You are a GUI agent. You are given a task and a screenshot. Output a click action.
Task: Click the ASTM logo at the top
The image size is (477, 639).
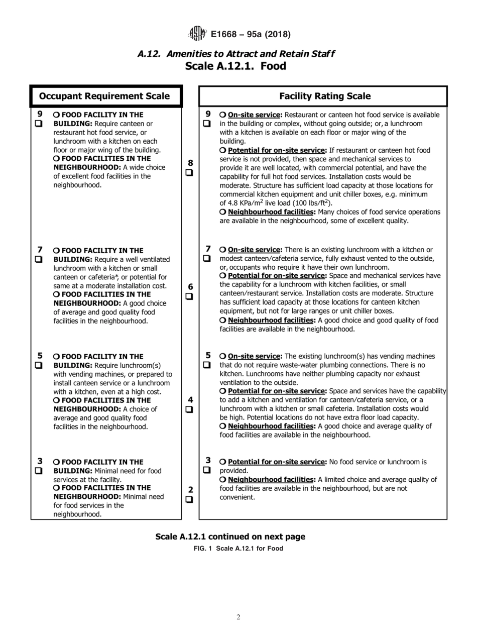tap(196, 34)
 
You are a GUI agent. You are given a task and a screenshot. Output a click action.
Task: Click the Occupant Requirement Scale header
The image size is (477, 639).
tap(104, 96)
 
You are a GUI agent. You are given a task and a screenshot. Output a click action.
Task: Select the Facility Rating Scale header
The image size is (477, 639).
tap(324, 96)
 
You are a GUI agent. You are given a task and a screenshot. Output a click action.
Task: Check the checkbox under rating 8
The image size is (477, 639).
tap(189, 173)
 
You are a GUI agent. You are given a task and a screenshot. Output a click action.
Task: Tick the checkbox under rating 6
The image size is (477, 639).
tap(189, 296)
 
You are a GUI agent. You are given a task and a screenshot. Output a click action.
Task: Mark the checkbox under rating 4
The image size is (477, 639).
tap(189, 409)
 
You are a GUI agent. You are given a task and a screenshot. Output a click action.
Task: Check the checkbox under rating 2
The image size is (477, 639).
tap(189, 499)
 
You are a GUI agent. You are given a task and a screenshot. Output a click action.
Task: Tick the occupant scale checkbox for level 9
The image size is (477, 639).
tap(39, 124)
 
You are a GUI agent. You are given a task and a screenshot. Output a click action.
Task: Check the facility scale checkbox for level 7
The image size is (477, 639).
tap(207, 258)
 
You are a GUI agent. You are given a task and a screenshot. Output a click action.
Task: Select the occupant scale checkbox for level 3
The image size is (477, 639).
tap(39, 471)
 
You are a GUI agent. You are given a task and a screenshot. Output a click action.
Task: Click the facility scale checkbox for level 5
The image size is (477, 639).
tap(207, 365)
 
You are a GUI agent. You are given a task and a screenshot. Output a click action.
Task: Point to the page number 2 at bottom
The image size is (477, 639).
tap(238, 617)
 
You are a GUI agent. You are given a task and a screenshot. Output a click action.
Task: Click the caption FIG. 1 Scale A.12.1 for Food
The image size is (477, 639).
tap(238, 548)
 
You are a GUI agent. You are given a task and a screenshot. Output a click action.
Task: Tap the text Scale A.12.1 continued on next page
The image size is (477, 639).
tap(230, 537)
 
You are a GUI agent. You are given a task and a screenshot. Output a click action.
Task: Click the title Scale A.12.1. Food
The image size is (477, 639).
tap(235, 66)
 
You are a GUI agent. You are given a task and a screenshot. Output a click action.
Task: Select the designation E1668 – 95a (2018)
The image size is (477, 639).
tap(251, 34)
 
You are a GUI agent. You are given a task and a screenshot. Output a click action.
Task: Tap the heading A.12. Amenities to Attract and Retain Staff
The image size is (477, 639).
tap(236, 54)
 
